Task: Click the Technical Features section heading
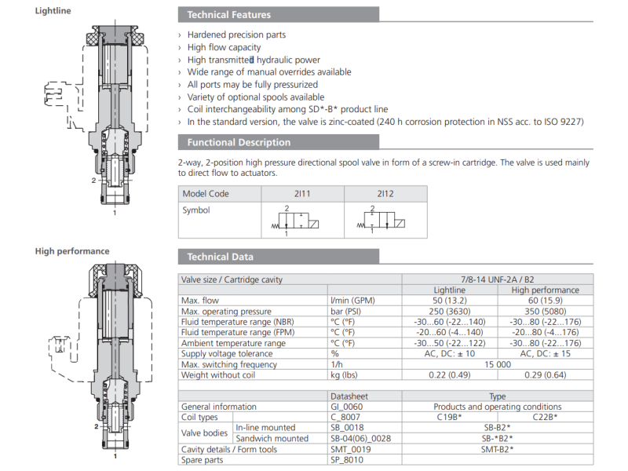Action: pyautogui.click(x=229, y=15)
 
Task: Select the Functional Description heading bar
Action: pyautogui.click(x=238, y=143)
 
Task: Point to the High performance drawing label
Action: pyautogui.click(x=72, y=251)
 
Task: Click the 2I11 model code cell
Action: pyautogui.click(x=302, y=194)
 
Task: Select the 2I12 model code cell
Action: pyautogui.click(x=385, y=194)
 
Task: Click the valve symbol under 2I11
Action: pyautogui.click(x=302, y=220)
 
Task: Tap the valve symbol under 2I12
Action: pyautogui.click(x=385, y=220)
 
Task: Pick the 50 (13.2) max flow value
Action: pyautogui.click(x=450, y=301)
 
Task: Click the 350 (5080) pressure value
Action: pyautogui.click(x=546, y=312)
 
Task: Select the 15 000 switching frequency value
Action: pyautogui.click(x=498, y=364)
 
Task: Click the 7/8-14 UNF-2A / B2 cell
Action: pyautogui.click(x=498, y=279)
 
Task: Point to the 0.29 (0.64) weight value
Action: pyautogui.click(x=546, y=375)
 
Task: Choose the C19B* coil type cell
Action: pyautogui.click(x=450, y=418)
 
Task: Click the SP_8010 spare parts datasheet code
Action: pyautogui.click(x=347, y=460)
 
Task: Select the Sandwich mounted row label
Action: pyautogui.click(x=272, y=439)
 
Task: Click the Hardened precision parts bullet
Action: pyautogui.click(x=236, y=35)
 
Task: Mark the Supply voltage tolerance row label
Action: pyautogui.click(x=226, y=354)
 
